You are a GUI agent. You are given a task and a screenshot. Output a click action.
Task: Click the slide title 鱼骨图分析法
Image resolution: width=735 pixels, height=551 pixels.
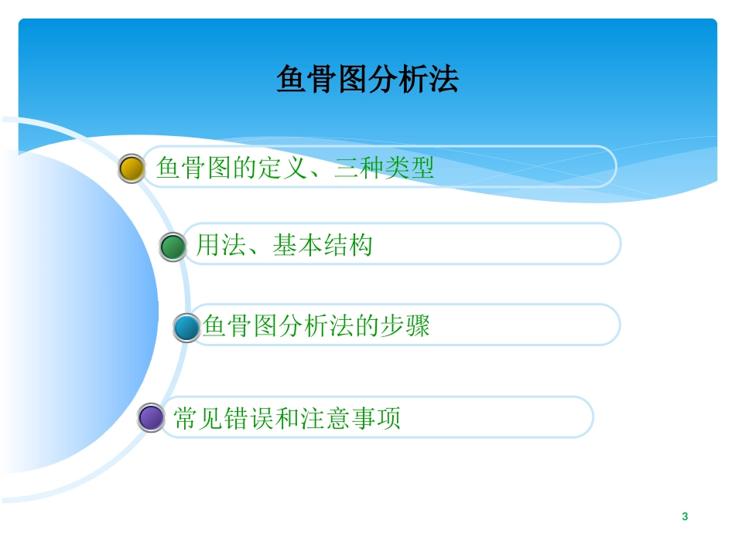click(x=367, y=80)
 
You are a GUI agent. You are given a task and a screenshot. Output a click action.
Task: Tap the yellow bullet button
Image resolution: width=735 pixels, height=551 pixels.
click(x=132, y=168)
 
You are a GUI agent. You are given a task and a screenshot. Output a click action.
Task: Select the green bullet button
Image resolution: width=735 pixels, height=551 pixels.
click(x=173, y=247)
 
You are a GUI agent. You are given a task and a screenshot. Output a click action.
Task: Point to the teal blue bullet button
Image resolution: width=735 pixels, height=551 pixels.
click(x=186, y=327)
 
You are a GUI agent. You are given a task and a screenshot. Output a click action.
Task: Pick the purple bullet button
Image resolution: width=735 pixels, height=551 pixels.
click(x=151, y=418)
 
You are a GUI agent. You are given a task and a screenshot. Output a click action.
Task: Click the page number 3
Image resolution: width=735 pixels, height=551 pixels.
click(x=685, y=516)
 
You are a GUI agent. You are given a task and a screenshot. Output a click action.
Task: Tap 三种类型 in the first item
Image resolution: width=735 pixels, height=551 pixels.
click(x=384, y=168)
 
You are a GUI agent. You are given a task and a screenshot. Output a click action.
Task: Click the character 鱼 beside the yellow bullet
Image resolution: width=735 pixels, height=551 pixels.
click(x=169, y=168)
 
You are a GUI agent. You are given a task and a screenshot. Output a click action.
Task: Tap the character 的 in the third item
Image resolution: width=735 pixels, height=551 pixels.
click(x=367, y=326)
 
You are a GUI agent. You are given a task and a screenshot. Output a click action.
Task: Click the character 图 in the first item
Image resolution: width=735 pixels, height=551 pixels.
click(x=219, y=168)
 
